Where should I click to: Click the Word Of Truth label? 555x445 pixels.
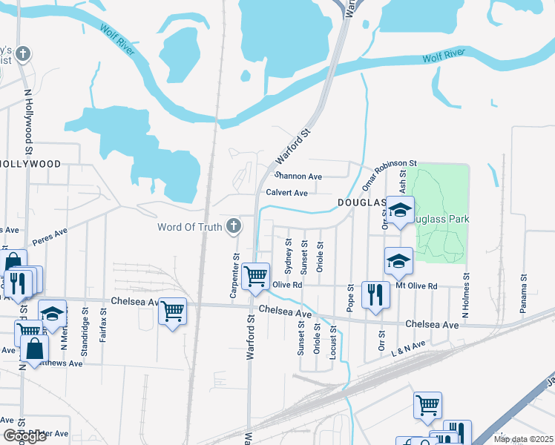point(189,227)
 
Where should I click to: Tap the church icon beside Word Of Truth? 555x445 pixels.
point(234,225)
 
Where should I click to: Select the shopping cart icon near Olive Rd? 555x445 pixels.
point(256,276)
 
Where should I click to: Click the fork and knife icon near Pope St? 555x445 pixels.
point(375,294)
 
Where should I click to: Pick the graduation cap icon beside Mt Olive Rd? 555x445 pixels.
point(398,260)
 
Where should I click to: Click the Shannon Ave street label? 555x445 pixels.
point(298,177)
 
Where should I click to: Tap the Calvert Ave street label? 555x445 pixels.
point(286,193)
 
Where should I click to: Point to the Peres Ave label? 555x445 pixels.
point(50,237)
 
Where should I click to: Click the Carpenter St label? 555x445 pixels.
point(234,277)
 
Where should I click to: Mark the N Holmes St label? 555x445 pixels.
point(466,295)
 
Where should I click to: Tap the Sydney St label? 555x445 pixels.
point(289,257)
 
